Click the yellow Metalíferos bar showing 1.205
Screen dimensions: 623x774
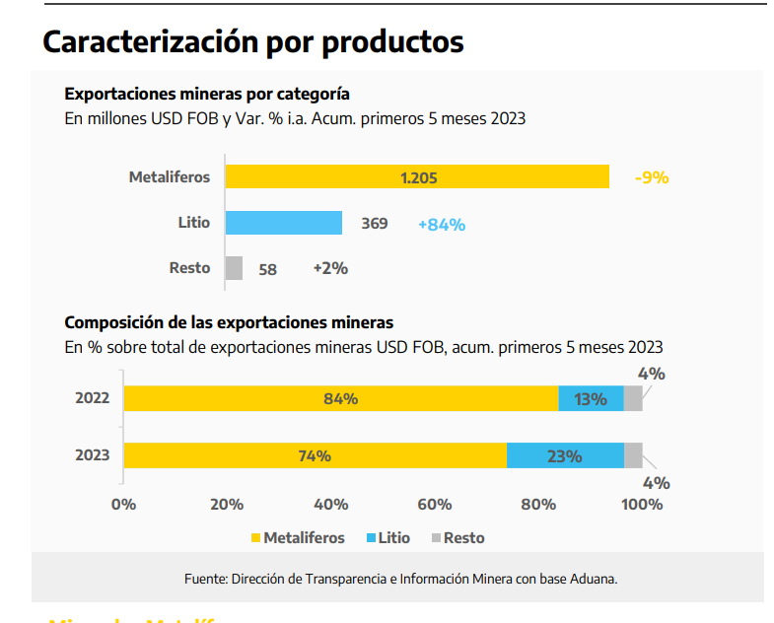tap(417, 177)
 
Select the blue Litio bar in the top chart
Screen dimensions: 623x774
tap(283, 223)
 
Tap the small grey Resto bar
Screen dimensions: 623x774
tap(234, 268)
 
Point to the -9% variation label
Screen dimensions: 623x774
tap(652, 177)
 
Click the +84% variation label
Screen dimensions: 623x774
tap(442, 224)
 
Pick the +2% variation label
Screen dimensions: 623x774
tap(330, 268)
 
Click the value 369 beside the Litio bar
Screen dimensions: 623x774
tap(374, 224)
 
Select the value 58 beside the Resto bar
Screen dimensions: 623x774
tap(267, 268)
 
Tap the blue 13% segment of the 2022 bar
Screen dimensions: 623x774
tap(591, 399)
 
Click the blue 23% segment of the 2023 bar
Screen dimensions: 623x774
tap(565, 456)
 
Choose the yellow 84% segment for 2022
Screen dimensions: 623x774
tap(340, 399)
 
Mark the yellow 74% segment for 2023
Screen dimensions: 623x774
tap(315, 456)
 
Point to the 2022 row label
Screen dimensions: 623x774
tap(92, 399)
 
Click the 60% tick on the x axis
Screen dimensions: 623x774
tap(435, 505)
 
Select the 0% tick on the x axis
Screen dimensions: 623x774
tap(123, 505)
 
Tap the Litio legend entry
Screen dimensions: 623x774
tap(387, 538)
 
